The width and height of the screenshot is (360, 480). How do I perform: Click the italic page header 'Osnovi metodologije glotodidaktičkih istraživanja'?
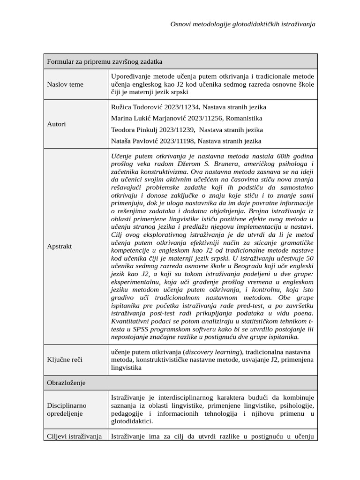point(242,24)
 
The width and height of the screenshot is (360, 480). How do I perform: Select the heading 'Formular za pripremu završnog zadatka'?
point(105,61)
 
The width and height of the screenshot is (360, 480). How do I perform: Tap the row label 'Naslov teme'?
point(65,84)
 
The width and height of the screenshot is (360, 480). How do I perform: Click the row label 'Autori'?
point(57,124)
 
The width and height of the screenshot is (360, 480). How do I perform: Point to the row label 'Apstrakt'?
point(60,246)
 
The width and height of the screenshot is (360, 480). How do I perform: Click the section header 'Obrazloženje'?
point(66,383)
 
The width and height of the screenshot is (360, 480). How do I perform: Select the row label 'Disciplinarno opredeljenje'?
point(67,409)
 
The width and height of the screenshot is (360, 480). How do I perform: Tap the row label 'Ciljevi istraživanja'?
point(75,436)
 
